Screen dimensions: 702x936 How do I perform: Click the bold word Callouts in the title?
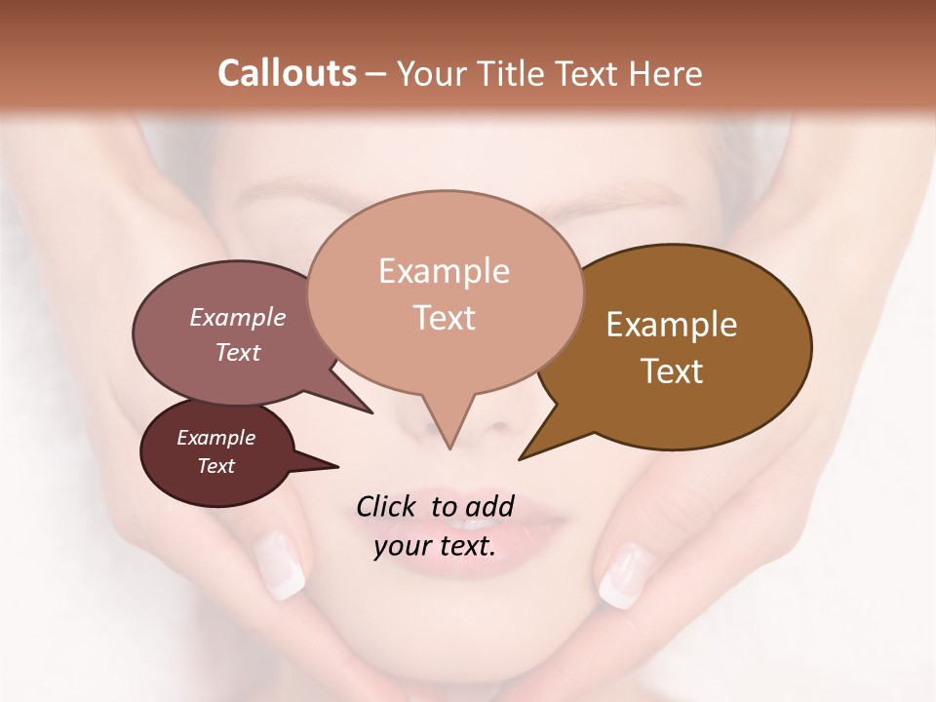click(287, 73)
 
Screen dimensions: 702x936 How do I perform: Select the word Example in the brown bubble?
click(672, 325)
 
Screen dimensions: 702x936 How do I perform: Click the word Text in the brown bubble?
click(672, 371)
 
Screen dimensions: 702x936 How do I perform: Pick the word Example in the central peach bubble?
click(444, 271)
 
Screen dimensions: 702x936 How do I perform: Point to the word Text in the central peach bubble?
click(444, 318)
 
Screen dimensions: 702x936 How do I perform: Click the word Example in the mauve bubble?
click(237, 317)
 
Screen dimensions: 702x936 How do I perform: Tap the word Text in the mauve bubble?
click(237, 352)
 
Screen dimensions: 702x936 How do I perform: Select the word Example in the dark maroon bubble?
click(215, 438)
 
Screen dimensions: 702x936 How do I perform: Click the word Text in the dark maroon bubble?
click(215, 466)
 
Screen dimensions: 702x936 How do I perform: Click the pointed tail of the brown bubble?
click(523, 456)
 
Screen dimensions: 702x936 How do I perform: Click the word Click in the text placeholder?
click(388, 506)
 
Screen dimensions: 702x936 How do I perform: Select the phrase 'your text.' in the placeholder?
click(435, 546)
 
